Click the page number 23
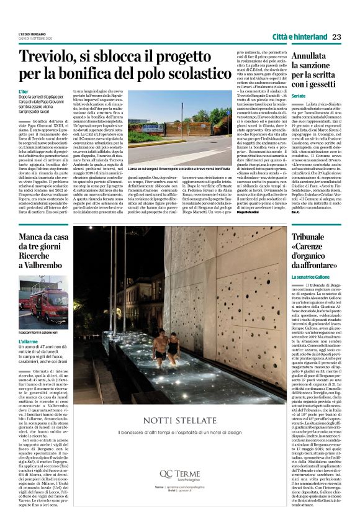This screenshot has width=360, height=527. pyautogui.click(x=336, y=37)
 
